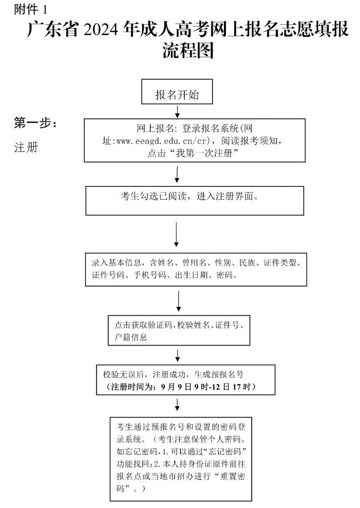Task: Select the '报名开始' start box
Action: pos(177,92)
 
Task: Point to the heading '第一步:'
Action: pos(35,124)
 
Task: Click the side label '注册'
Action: pos(26,148)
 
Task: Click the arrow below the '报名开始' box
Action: pos(177,111)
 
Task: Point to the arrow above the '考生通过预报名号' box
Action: pos(177,405)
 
